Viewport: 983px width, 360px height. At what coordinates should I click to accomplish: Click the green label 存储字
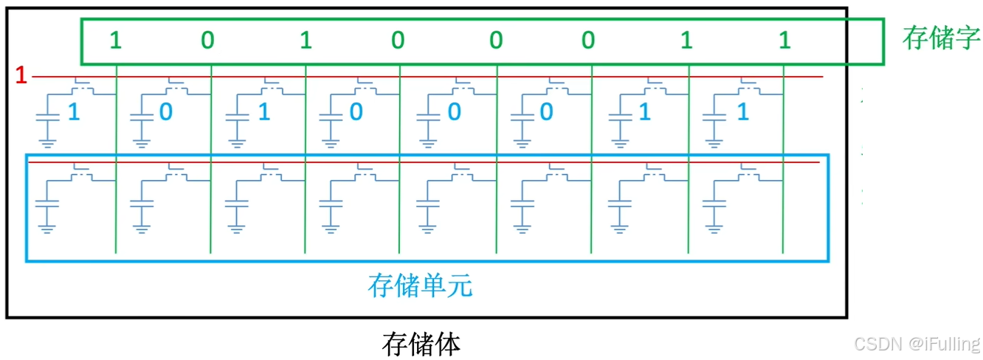point(940,39)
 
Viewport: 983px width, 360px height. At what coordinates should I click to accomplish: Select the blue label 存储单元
point(420,285)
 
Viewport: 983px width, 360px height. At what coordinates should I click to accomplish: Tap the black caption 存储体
point(421,343)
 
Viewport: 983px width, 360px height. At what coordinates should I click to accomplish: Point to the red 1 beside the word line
point(21,75)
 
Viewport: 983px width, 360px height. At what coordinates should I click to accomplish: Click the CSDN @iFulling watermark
point(915,343)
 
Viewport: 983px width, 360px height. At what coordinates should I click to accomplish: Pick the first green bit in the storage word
point(115,41)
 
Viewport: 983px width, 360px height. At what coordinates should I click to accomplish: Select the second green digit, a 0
point(208,41)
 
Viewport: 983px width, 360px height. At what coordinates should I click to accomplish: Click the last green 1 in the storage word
point(784,41)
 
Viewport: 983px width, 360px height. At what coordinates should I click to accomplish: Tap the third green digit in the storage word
point(306,41)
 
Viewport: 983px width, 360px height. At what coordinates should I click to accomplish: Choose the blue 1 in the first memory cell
point(73,112)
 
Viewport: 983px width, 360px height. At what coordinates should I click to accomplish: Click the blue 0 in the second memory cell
point(167,112)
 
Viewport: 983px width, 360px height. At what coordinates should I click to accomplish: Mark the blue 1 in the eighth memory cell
point(742,112)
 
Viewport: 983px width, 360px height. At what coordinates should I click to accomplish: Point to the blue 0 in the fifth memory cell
point(455,112)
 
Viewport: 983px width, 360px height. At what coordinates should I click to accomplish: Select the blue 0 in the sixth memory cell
point(546,112)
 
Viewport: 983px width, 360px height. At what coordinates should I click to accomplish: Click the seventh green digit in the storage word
point(686,41)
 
